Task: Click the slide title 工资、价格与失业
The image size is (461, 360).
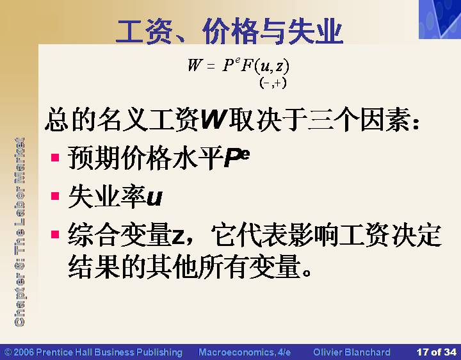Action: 230,31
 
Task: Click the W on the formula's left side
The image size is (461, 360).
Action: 195,65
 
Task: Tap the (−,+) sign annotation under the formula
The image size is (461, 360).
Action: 273,83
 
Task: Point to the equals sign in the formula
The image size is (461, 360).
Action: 211,66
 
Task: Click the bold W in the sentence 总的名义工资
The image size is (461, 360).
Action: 213,120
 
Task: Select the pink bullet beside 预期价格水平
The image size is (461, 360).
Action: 55,158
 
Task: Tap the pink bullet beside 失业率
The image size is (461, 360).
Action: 55,195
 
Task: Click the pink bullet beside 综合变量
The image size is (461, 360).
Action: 55,234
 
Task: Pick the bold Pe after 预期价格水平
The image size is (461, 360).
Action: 237,158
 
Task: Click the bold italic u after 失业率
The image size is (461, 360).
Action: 154,198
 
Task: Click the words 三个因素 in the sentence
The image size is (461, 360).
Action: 359,119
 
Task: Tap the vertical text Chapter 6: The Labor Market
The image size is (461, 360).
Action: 19,232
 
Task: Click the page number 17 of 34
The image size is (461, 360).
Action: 437,352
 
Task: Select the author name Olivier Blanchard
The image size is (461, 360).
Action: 352,352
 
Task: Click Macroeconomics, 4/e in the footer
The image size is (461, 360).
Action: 245,352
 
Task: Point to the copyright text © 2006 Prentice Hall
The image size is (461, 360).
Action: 93,352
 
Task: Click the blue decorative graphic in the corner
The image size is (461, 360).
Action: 440,19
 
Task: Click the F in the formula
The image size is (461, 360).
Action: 247,65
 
